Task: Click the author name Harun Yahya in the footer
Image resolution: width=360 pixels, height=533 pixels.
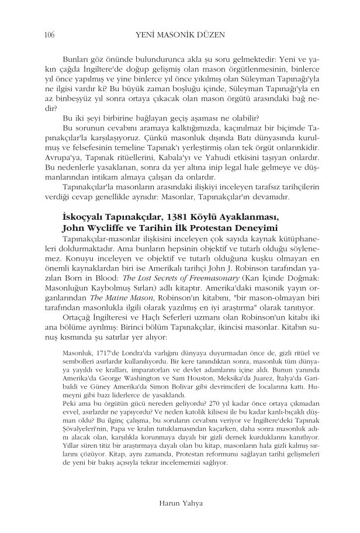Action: point(180,501)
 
